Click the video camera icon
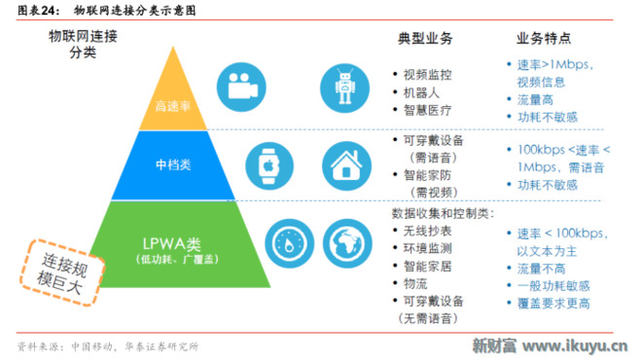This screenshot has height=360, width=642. point(241,87)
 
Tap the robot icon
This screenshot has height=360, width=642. point(344,89)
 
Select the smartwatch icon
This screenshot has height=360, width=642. point(269,165)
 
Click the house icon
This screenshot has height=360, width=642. point(346,165)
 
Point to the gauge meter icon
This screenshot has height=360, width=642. point(290,243)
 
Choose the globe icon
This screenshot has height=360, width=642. point(347,243)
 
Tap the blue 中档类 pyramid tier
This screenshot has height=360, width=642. point(173,165)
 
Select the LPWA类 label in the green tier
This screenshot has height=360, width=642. point(171,244)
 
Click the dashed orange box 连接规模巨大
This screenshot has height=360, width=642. point(62,272)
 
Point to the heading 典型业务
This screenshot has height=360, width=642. point(425,39)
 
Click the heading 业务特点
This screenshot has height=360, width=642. point(544,38)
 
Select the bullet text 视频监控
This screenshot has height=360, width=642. point(427,75)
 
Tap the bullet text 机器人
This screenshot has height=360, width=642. point(421,92)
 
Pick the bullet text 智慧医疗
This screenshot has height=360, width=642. point(427,110)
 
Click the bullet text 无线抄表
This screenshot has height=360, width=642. point(427,231)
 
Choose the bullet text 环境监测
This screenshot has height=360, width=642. point(427,248)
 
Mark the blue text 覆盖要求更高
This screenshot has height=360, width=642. point(553,304)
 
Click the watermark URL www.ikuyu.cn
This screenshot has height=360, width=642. point(575,346)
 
